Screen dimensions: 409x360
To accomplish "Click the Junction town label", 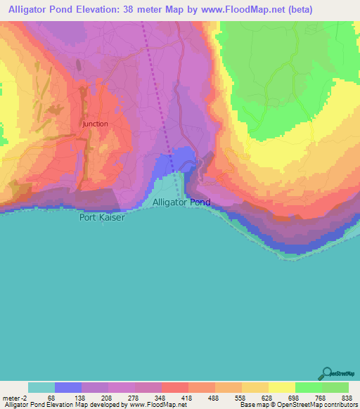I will (95, 124).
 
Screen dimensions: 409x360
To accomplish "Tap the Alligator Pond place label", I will (181, 202).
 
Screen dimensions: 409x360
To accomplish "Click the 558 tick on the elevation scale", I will (242, 397).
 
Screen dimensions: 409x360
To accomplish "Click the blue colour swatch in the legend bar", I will (68, 387).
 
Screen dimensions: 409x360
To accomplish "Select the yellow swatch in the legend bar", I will (282, 387).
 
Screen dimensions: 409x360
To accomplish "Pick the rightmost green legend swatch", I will (335, 387).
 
